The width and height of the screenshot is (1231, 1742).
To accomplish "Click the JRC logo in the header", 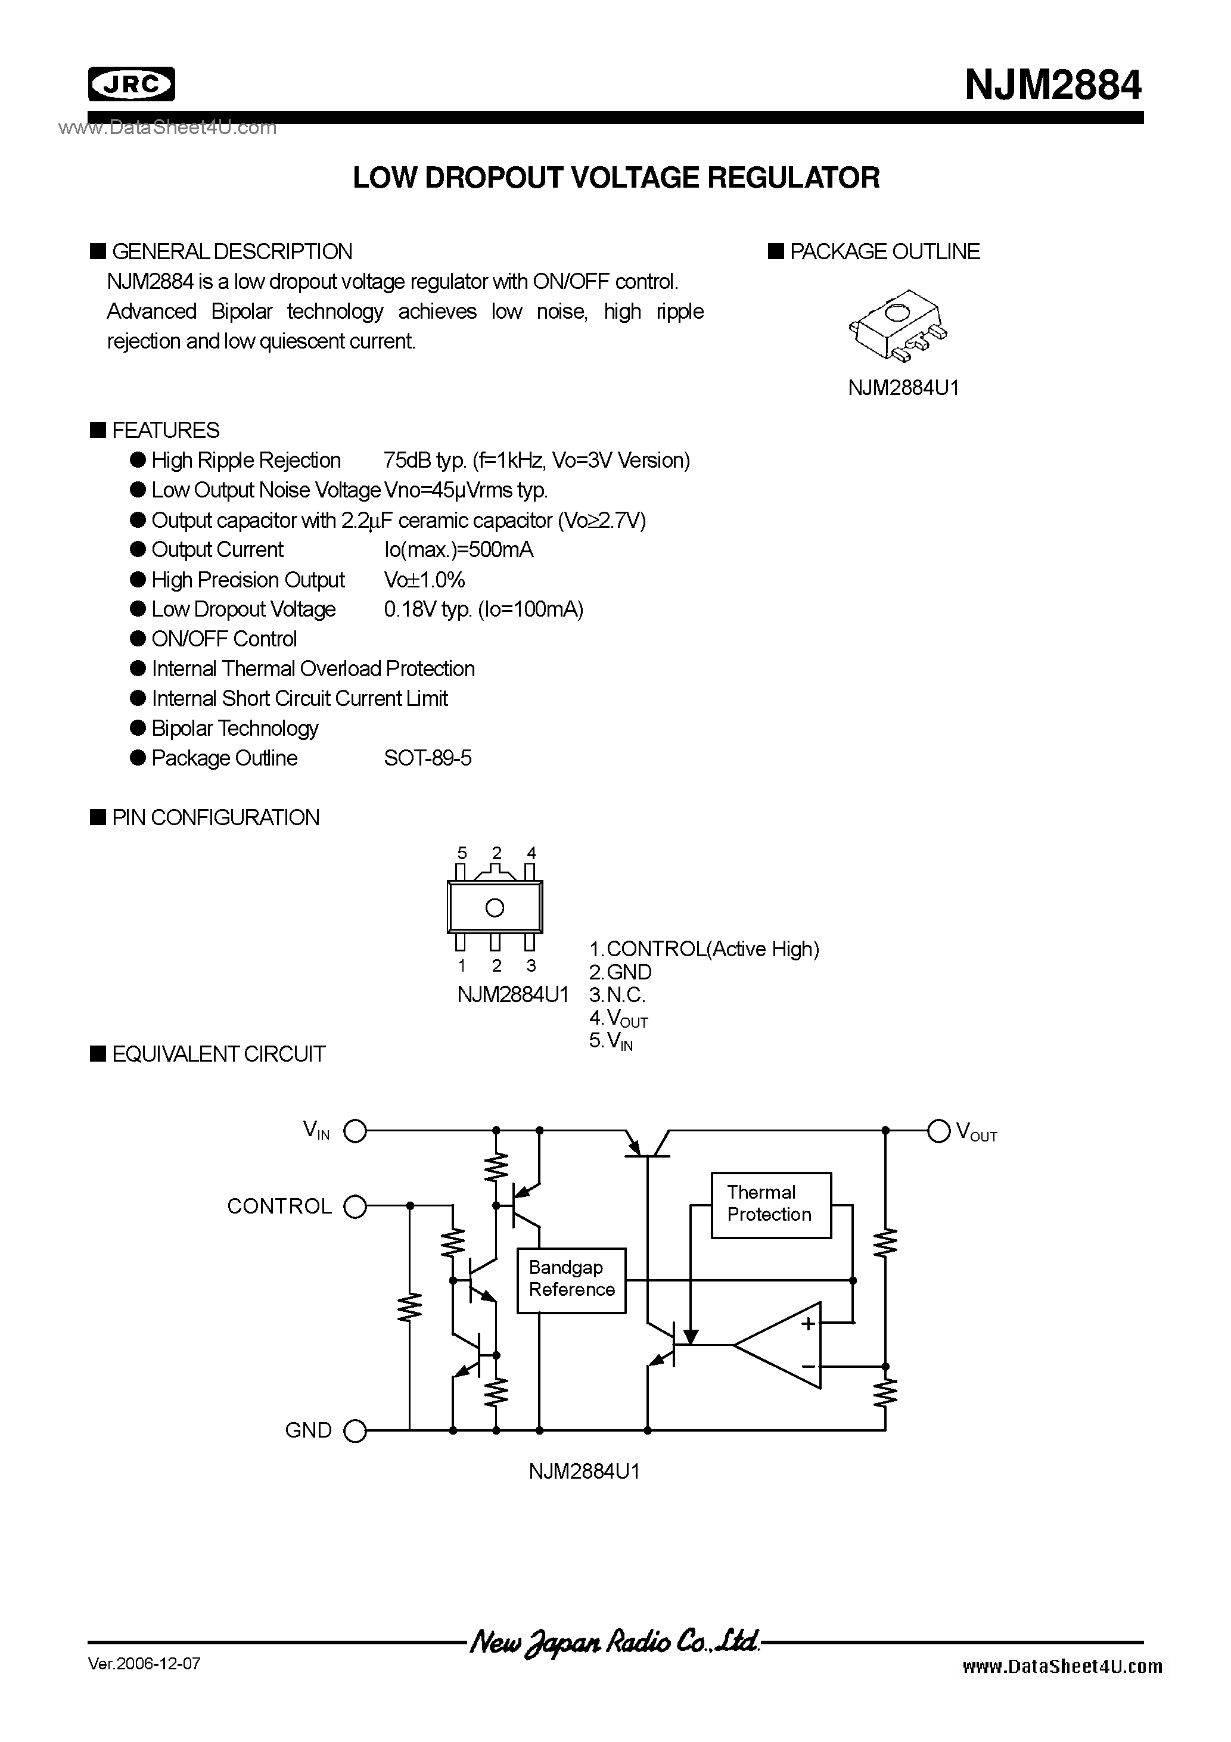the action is (131, 84).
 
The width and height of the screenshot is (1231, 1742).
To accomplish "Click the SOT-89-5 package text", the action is (427, 758).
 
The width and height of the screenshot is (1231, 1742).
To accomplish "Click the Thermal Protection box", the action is (770, 1205).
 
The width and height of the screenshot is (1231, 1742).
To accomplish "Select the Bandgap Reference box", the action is (571, 1279).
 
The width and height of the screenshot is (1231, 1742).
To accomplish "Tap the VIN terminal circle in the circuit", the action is (355, 1131).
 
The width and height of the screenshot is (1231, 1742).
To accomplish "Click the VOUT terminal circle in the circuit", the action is (939, 1131).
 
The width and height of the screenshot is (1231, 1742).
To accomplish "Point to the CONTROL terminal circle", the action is (355, 1206).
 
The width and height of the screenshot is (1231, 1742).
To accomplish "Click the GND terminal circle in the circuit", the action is (355, 1431).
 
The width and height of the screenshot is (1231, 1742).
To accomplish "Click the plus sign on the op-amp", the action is (807, 1324).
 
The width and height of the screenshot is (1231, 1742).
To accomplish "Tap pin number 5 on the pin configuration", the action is (461, 853).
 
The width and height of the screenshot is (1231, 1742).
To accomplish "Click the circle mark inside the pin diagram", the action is (495, 907).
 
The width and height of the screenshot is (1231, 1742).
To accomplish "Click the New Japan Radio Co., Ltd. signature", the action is (615, 1642).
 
